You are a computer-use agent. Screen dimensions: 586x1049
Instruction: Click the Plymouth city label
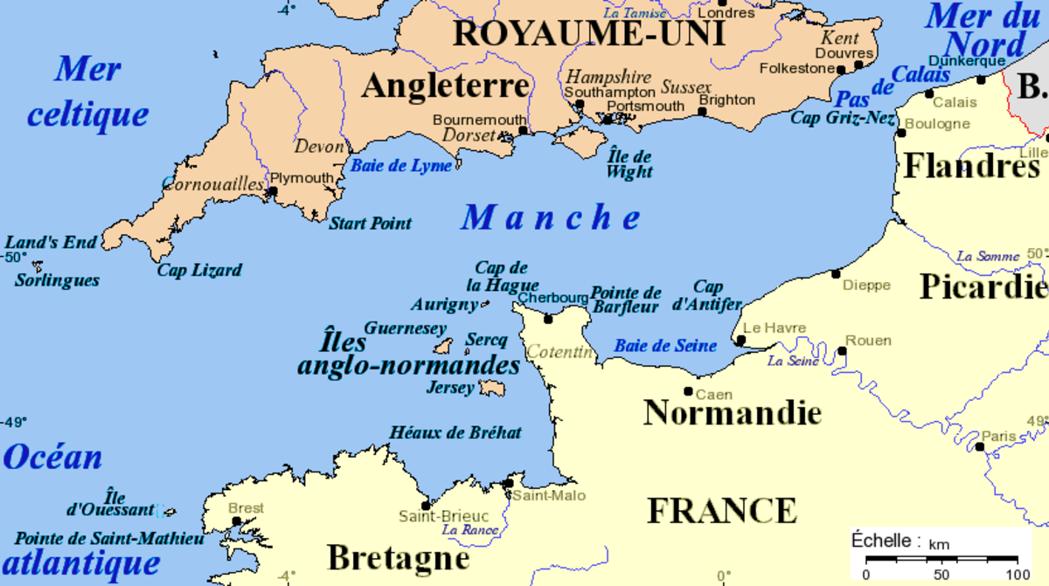point(302,178)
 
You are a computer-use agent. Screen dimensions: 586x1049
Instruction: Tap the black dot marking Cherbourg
point(548,319)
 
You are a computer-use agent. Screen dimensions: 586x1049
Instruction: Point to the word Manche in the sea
point(552,218)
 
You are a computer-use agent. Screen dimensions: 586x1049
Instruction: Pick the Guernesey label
point(405,328)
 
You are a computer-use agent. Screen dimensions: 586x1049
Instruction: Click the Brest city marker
point(236,521)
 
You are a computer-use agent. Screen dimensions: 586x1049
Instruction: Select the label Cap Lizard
point(199,270)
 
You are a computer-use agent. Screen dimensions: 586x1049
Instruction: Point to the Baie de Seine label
point(665,346)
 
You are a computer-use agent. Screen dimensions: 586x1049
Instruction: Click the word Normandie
point(733,413)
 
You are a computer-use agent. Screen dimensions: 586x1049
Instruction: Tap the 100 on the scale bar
point(1018,574)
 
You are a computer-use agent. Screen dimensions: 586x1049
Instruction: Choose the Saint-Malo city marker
point(508,483)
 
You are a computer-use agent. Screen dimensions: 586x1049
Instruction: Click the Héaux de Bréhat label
point(455,432)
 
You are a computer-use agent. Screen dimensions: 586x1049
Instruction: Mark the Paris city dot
point(980,447)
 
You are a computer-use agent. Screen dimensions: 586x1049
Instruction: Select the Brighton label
point(726,100)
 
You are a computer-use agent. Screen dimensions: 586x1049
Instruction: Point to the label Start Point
point(370,224)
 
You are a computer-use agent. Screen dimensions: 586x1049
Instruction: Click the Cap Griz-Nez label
point(843,118)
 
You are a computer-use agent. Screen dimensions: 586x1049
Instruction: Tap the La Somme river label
point(988,256)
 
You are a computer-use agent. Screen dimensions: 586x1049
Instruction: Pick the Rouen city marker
point(842,351)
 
